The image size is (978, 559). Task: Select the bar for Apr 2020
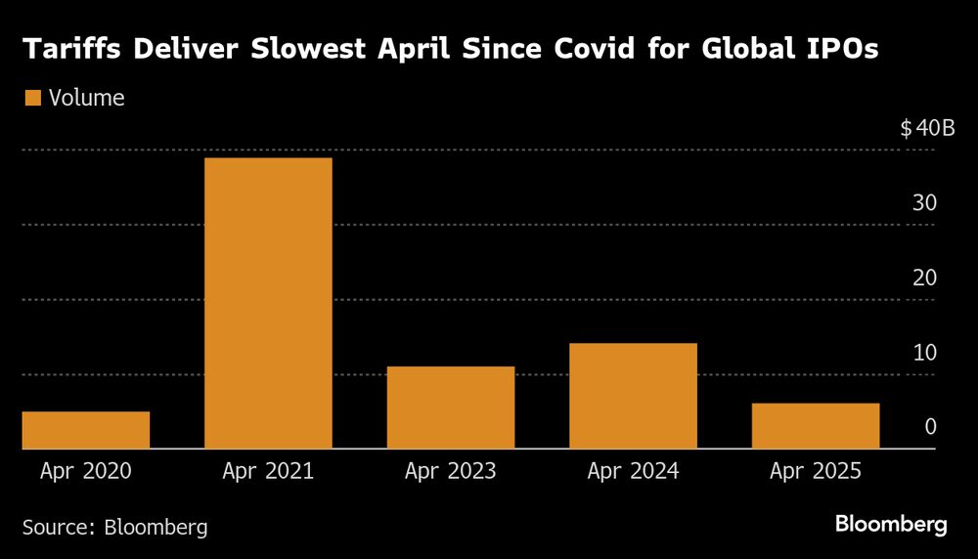(86, 430)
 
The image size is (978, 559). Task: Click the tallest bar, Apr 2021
(268, 303)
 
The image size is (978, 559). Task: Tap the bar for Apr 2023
(451, 408)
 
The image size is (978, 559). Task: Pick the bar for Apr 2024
(633, 396)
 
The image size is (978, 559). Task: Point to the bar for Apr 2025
(816, 426)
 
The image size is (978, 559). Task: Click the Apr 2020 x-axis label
(86, 471)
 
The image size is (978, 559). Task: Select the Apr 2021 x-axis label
(268, 471)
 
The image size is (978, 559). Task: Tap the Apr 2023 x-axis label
(451, 471)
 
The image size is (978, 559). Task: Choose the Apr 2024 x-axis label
(633, 471)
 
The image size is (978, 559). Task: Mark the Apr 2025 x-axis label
(816, 471)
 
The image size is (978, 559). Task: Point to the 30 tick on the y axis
(925, 203)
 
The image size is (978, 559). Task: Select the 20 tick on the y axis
(925, 278)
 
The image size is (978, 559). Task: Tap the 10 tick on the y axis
(925, 352)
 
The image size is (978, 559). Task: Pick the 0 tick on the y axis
(931, 427)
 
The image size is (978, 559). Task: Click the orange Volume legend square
(32, 98)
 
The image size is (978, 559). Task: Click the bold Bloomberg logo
(891, 525)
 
